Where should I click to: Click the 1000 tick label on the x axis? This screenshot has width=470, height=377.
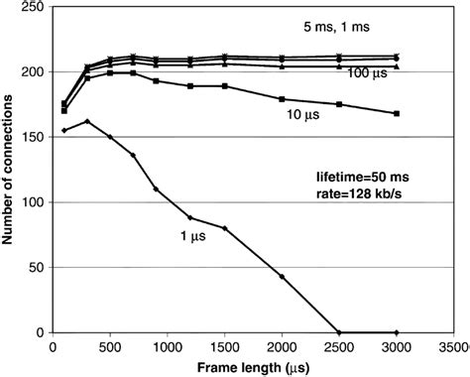(x=167, y=347)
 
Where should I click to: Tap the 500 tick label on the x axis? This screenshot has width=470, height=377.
(x=110, y=347)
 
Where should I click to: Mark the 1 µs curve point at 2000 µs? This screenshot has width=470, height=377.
(x=282, y=276)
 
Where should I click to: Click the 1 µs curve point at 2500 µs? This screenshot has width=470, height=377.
(x=339, y=332)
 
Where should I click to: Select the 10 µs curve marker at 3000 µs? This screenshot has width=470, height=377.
(x=397, y=113)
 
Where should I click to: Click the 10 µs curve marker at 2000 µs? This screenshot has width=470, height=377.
(x=282, y=99)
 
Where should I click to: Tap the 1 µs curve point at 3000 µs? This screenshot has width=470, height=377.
(x=397, y=332)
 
